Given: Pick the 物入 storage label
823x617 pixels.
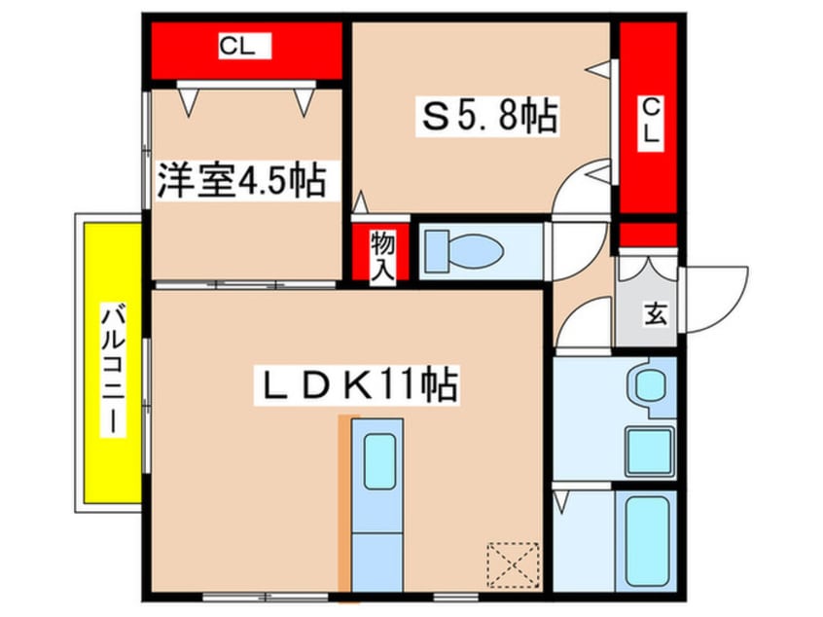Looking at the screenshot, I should pos(380,256).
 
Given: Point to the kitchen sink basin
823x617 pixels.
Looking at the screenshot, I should pos(378,462).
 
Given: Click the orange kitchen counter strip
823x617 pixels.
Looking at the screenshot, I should pos(342,501).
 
